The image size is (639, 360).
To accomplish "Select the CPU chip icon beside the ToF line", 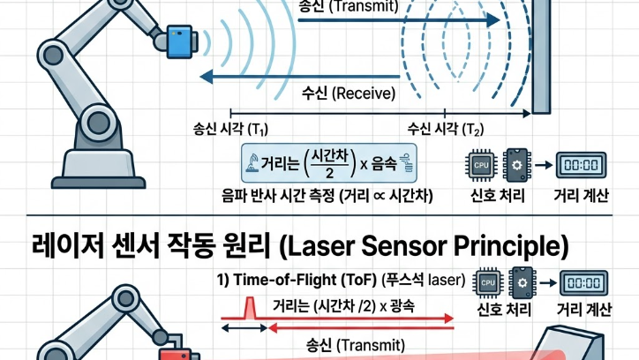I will [487, 283].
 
